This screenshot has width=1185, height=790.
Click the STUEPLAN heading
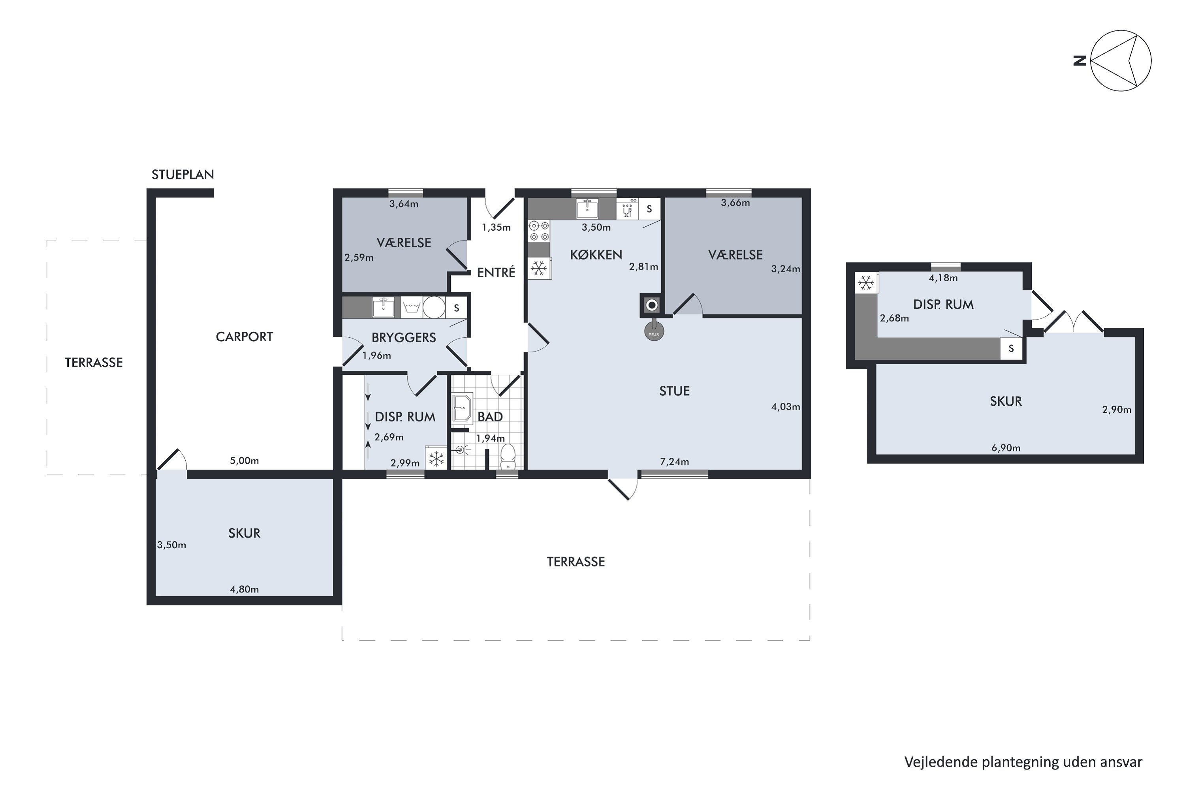(x=183, y=174)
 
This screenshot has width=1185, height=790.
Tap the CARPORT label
(x=245, y=337)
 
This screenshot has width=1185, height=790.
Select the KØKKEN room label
(x=596, y=255)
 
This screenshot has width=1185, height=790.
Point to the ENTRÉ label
(x=496, y=273)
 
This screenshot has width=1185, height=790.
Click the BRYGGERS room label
(x=404, y=338)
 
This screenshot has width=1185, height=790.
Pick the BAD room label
(x=490, y=417)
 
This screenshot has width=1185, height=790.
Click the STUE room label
(x=675, y=391)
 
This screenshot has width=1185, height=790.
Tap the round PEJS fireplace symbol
(x=654, y=332)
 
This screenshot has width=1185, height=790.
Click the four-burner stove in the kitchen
(x=539, y=231)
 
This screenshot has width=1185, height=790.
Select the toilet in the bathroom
(x=508, y=455)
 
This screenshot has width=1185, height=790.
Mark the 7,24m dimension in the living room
(x=675, y=461)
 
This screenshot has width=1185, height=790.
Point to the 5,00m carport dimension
(x=245, y=461)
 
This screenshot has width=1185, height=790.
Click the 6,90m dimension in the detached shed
(x=1006, y=448)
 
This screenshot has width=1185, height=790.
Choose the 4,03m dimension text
(x=786, y=406)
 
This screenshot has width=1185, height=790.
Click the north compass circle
(x=1121, y=60)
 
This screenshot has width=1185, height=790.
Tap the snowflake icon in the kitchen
(x=539, y=269)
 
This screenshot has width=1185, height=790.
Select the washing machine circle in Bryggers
(x=434, y=307)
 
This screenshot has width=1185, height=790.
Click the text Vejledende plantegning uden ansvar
(x=1023, y=762)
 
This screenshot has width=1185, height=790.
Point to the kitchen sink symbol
(x=587, y=209)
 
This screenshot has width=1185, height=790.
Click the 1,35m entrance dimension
(x=496, y=227)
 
